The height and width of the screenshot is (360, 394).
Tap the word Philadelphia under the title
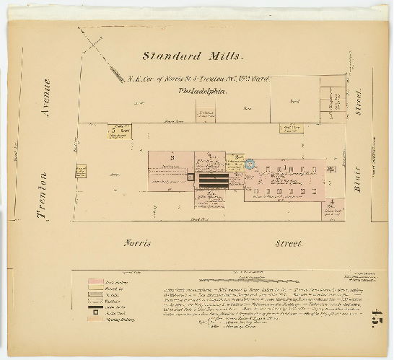[x=203, y=92]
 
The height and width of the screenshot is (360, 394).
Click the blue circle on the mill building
[x=250, y=164]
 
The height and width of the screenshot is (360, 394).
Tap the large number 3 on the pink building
[x=172, y=157]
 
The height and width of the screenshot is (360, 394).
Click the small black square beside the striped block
[x=191, y=177]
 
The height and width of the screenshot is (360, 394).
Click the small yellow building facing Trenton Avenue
[x=81, y=172]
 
